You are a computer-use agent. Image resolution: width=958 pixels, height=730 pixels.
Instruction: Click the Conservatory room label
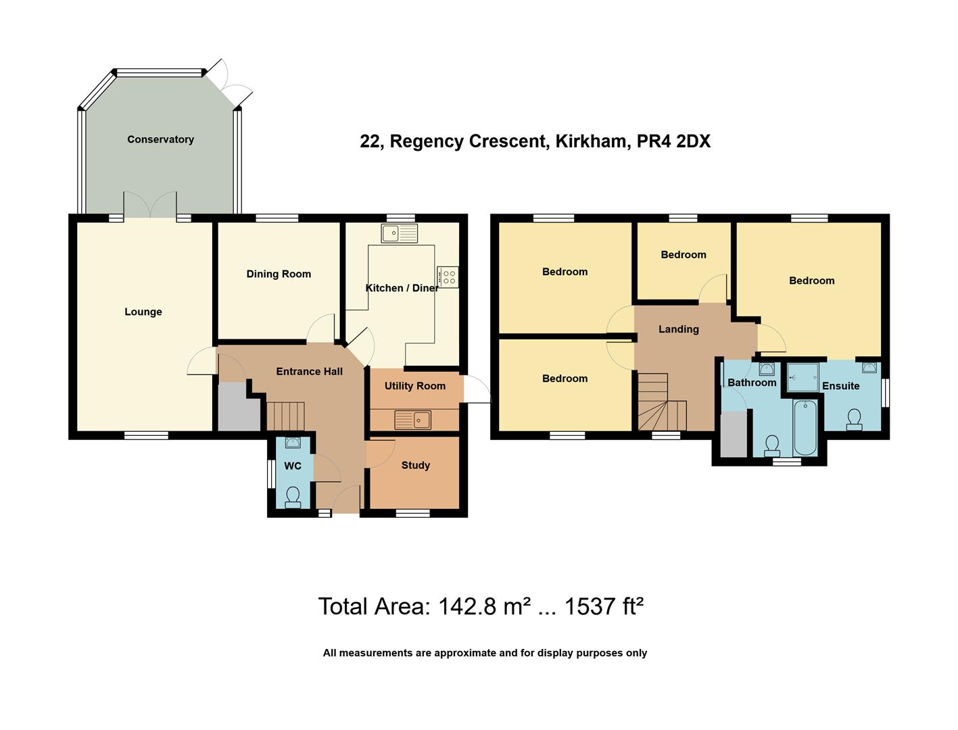pos(160,139)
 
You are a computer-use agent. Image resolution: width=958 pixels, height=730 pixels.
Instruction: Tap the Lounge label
pos(143,312)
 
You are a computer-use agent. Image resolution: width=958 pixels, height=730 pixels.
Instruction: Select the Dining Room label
pos(279,274)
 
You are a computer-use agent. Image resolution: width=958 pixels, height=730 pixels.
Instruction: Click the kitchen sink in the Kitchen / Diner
pos(399,234)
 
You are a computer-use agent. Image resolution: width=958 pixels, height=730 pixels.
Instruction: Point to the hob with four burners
pos(448,277)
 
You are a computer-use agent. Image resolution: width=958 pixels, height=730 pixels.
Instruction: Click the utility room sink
pos(412,420)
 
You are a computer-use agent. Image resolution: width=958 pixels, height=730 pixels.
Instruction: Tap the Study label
pos(415,465)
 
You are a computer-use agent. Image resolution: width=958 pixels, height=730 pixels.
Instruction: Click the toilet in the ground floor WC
pos(293,497)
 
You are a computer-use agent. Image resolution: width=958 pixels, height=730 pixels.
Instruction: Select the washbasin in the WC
pos(293,443)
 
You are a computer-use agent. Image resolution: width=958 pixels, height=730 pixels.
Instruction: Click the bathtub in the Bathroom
pos(805,427)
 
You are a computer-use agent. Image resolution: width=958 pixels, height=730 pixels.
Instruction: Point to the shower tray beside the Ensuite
pos(803,377)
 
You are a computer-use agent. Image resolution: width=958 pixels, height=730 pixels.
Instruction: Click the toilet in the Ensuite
pos(854,419)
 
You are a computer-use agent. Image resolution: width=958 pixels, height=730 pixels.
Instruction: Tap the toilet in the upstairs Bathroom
pos(771,444)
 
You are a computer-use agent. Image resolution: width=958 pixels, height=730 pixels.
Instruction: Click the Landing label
pos(679,329)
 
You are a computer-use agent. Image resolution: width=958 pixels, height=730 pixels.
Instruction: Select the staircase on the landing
pos(661,404)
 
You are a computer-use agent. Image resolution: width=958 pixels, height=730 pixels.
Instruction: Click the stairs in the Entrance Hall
pos(285,415)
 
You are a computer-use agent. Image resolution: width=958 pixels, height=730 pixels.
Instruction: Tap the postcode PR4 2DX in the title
pos(673,141)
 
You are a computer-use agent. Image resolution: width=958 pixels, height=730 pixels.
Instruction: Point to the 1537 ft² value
pos(603,606)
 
